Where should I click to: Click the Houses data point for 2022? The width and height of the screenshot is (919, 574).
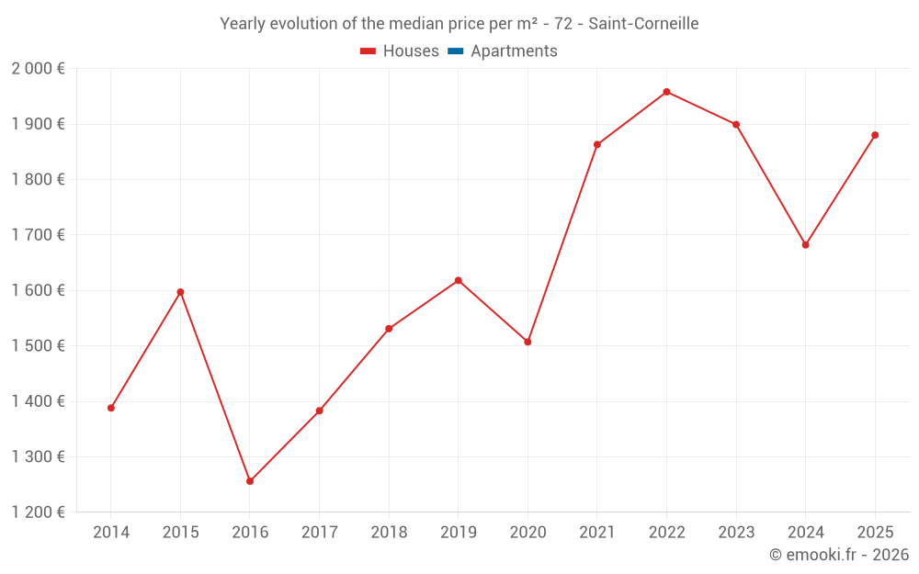(x=666, y=92)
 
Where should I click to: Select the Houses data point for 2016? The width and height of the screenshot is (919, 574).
(x=250, y=481)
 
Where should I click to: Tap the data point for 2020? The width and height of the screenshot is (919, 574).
(x=528, y=342)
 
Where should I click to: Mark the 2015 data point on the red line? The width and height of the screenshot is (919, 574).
(x=180, y=292)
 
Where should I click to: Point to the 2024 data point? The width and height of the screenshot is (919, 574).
(x=805, y=245)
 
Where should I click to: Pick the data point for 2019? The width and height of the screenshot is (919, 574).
(x=458, y=280)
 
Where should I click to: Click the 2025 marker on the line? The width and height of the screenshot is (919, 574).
(x=875, y=135)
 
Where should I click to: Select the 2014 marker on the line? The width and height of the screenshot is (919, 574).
(x=111, y=408)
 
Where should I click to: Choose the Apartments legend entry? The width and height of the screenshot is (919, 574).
(x=514, y=51)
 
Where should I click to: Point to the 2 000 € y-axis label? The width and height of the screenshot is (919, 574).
(x=38, y=69)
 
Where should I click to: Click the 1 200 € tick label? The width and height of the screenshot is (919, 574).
(x=38, y=512)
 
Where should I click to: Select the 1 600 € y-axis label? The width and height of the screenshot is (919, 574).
(x=38, y=290)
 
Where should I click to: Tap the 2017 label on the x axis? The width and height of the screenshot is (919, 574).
(x=319, y=533)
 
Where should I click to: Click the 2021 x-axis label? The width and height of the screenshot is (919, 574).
(x=596, y=533)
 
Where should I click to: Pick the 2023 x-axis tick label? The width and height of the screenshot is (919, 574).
(x=735, y=533)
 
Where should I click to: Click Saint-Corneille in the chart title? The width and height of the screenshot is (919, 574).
(x=643, y=24)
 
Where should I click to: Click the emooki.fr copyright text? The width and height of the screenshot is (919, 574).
(x=839, y=555)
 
